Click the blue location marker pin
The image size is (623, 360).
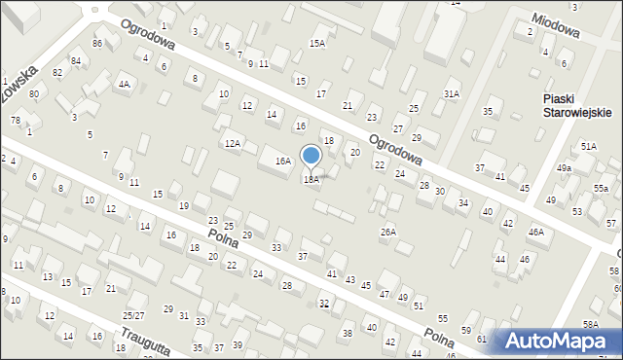click(311, 157)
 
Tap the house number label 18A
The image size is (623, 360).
click(311, 180)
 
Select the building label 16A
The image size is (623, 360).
click(283, 162)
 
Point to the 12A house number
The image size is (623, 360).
click(232, 144)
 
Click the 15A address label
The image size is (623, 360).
click(317, 43)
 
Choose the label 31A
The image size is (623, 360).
click(451, 93)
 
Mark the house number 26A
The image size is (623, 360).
click(388, 232)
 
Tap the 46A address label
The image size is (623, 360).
click(535, 233)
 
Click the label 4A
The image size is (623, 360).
click(124, 85)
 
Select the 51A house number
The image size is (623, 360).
click(589, 146)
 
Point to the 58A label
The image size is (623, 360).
click(590, 324)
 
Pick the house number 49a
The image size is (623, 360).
click(564, 168)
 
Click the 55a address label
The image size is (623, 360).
click(602, 189)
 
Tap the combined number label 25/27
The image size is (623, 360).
click(133, 316)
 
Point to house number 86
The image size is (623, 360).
click(97, 44)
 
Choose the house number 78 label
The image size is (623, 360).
click(15, 120)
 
